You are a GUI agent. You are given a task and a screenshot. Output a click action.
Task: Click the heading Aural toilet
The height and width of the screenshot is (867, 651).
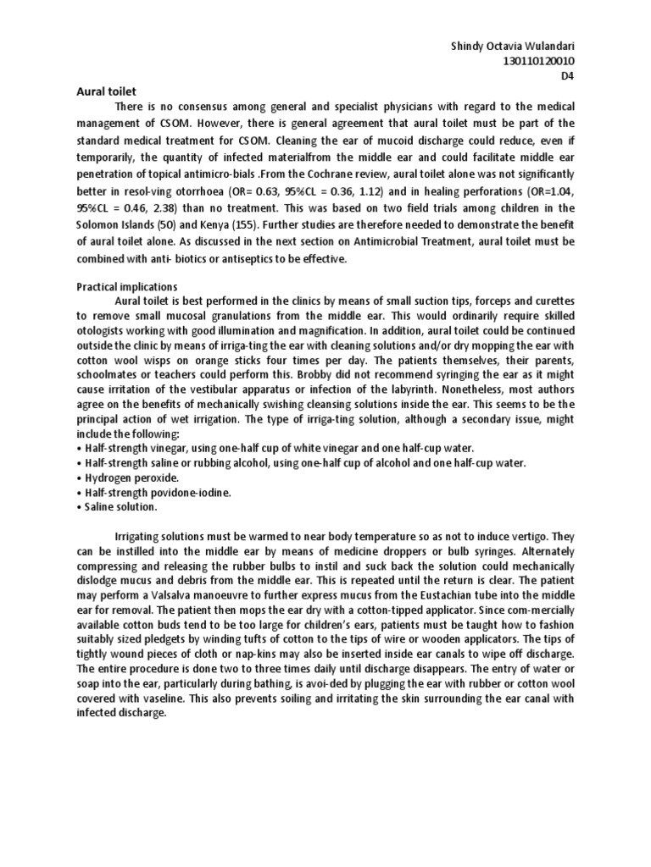pyautogui.click(x=96, y=89)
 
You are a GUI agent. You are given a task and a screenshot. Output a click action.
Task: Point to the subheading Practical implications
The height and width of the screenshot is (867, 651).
pyautogui.click(x=122, y=287)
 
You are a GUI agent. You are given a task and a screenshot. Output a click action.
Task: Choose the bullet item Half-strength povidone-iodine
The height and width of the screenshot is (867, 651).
pyautogui.click(x=153, y=492)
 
